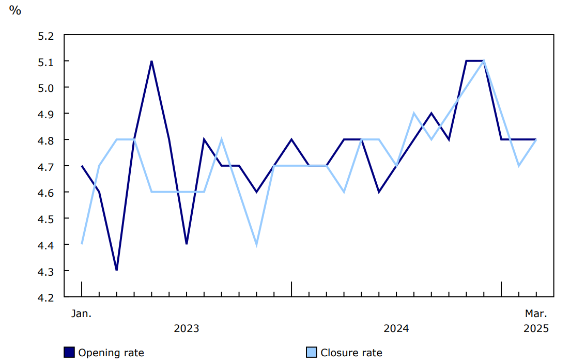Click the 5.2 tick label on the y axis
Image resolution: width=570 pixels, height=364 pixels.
45,36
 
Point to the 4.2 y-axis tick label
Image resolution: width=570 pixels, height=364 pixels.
45,297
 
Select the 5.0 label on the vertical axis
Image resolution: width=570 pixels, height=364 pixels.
45,88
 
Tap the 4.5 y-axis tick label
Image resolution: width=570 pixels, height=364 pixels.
45,219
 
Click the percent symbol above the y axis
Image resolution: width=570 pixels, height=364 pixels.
15,10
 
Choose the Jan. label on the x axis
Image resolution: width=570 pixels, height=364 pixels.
81,313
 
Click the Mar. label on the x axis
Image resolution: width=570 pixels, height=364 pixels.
536,313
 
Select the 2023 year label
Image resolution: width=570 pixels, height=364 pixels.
187,329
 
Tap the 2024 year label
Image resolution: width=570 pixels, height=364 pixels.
396,329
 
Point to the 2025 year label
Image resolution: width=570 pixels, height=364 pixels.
536,329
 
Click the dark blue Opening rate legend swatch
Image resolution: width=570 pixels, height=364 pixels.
69,353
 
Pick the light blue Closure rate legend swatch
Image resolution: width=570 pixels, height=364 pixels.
312,353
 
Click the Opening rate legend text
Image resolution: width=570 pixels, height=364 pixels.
111,353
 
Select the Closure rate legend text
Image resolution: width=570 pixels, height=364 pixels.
351,353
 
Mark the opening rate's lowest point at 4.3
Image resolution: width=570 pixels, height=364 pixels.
117,270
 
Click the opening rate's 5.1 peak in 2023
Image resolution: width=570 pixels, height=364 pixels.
151,61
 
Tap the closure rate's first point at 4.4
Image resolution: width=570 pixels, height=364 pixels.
82,244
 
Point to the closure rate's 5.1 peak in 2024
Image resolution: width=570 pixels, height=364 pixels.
484,61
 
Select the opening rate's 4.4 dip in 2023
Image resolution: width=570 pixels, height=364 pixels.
187,244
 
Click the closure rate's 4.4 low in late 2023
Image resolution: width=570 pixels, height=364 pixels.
256,244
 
